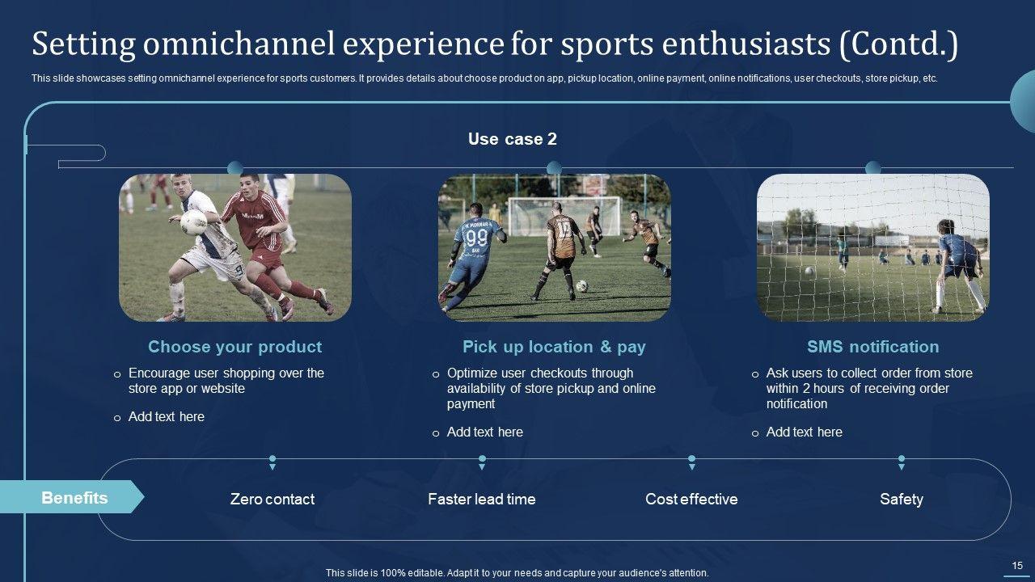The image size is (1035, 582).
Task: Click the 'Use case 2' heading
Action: point(513,139)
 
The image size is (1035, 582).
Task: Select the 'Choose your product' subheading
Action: point(234,347)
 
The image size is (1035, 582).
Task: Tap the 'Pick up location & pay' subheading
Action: point(554,347)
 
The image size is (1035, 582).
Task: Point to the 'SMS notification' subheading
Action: point(872,347)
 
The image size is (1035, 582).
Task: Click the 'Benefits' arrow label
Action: point(74,498)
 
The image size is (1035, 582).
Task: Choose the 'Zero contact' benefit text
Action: point(272,500)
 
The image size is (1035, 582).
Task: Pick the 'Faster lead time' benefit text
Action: point(481,500)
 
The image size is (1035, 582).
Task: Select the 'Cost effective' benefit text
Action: point(691,500)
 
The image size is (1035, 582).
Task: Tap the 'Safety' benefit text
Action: point(902,500)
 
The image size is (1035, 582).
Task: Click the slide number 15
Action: point(1017,565)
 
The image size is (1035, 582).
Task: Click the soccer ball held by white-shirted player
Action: point(193,222)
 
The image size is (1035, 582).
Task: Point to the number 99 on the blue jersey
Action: point(476,238)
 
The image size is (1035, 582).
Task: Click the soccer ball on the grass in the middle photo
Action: point(581,286)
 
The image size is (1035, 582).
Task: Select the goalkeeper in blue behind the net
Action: point(959,266)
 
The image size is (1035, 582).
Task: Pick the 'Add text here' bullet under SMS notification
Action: point(804,432)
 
